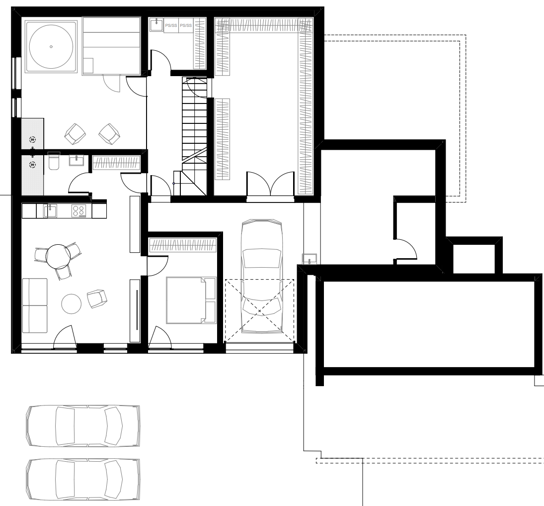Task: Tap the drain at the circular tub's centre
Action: (x=51, y=47)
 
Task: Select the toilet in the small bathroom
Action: (x=54, y=161)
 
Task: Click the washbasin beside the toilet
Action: (x=77, y=160)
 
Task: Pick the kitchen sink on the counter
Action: (x=50, y=211)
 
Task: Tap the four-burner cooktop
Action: (x=79, y=211)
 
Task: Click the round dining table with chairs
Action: (x=58, y=256)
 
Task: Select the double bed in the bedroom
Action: (x=191, y=300)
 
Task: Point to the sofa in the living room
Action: (x=35, y=305)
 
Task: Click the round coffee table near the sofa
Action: (x=72, y=304)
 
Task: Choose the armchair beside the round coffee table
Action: (x=97, y=299)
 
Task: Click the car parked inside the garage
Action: (x=262, y=276)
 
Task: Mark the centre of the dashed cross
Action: (x=259, y=310)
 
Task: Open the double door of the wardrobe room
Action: (x=270, y=184)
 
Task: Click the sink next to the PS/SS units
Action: (x=156, y=25)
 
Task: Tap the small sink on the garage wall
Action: (x=310, y=259)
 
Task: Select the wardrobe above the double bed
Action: (x=183, y=245)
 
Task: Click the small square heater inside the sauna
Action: (x=88, y=66)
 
